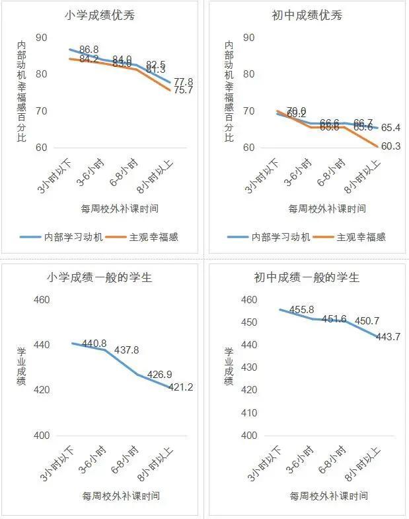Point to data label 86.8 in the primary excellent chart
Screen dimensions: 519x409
pyautogui.click(x=89, y=50)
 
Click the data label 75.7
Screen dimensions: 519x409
pyautogui.click(x=183, y=91)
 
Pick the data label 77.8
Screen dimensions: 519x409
pyautogui.click(x=183, y=81)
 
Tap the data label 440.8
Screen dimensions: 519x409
pyautogui.click(x=93, y=343)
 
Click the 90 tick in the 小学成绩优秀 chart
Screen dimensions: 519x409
pyautogui.click(x=42, y=38)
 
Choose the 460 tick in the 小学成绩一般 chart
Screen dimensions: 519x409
pyautogui.click(x=42, y=300)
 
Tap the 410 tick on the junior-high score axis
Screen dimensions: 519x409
pyautogui.click(x=249, y=413)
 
